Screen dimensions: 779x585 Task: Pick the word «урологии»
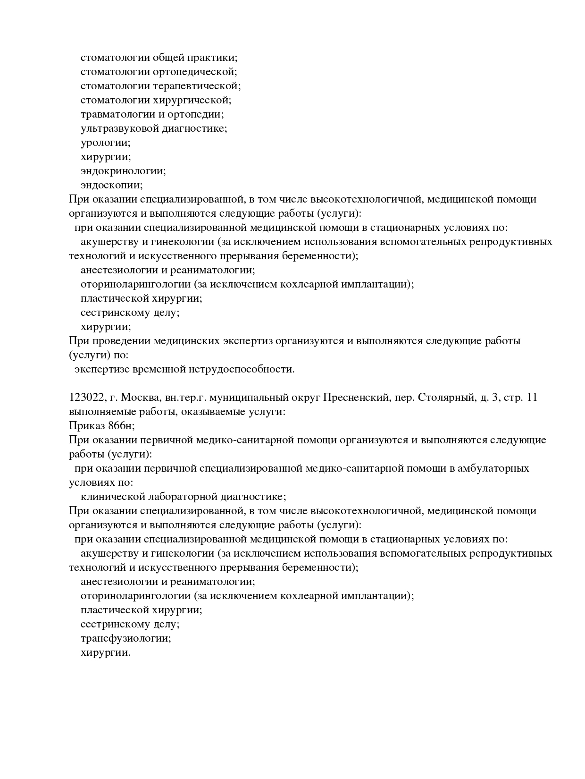click(105, 143)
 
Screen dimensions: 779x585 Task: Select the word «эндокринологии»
click(123, 171)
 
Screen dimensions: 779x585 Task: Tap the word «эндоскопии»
click(111, 185)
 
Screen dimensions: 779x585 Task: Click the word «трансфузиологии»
click(125, 638)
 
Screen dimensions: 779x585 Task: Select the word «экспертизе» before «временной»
click(98, 369)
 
